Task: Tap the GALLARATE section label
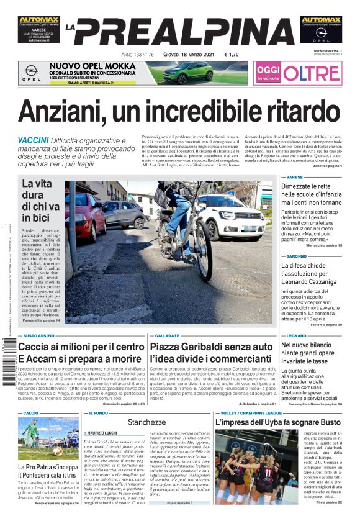click(167, 335)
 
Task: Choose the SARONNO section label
click(297, 256)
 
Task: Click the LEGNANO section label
click(297, 335)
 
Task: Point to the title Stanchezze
click(147, 422)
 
